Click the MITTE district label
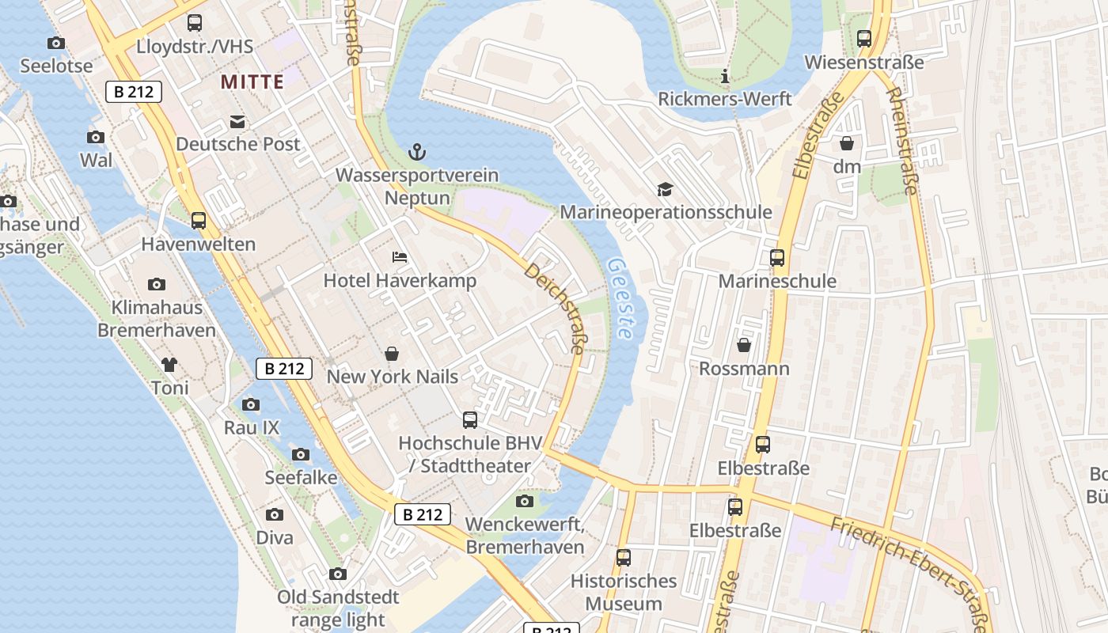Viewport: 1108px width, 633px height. pyautogui.click(x=252, y=81)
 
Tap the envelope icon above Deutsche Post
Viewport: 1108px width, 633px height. pyautogui.click(x=237, y=122)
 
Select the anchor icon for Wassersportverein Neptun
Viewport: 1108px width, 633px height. pyautogui.click(x=416, y=152)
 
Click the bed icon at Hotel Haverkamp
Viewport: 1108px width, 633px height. pyautogui.click(x=400, y=257)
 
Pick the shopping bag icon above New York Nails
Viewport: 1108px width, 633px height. pyautogui.click(x=392, y=354)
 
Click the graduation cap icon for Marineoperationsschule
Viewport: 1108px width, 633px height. pyautogui.click(x=665, y=189)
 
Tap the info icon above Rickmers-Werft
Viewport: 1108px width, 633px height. pyautogui.click(x=724, y=77)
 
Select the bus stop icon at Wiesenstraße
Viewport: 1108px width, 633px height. pyautogui.click(x=864, y=39)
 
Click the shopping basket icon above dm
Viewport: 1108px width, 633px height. pyautogui.click(x=847, y=144)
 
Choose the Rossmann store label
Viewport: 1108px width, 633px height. pyautogui.click(x=744, y=369)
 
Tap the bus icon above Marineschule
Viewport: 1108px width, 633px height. pyautogui.click(x=777, y=258)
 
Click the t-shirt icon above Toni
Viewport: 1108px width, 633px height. pyautogui.click(x=169, y=365)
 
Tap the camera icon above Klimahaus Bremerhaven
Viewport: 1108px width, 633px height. pyautogui.click(x=157, y=284)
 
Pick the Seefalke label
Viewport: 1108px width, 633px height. pyautogui.click(x=301, y=477)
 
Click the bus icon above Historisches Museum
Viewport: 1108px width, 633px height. pyautogui.click(x=624, y=558)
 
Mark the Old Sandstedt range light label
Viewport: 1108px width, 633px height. pyautogui.click(x=338, y=608)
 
